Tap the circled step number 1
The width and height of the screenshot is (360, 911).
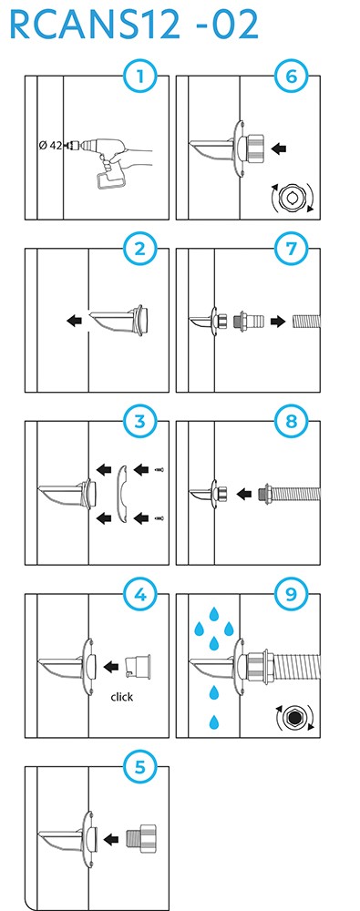click(x=139, y=77)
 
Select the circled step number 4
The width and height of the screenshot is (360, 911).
click(x=139, y=594)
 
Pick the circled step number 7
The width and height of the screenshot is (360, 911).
click(x=291, y=250)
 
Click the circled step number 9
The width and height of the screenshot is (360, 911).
click(x=291, y=594)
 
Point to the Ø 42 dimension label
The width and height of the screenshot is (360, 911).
click(x=51, y=145)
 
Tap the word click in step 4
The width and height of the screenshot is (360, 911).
click(x=121, y=697)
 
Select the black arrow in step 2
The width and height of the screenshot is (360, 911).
click(x=75, y=320)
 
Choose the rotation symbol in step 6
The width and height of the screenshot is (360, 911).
click(x=292, y=198)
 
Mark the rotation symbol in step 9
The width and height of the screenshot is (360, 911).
click(x=293, y=718)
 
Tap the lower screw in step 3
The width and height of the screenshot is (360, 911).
click(x=160, y=517)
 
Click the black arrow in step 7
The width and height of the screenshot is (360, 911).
click(x=278, y=321)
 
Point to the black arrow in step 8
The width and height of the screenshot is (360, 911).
click(x=245, y=494)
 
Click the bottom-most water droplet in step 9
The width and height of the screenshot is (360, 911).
click(x=215, y=722)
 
